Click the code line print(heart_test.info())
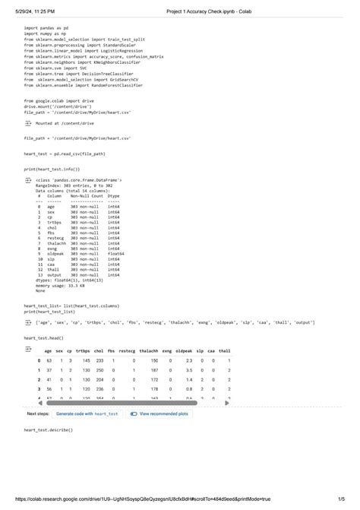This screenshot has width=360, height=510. click(51, 169)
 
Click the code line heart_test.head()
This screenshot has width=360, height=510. click(43, 337)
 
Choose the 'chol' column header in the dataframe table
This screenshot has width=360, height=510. click(99, 350)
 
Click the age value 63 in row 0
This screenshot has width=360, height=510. click(49, 360)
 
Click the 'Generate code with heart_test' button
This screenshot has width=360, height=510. click(87, 413)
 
